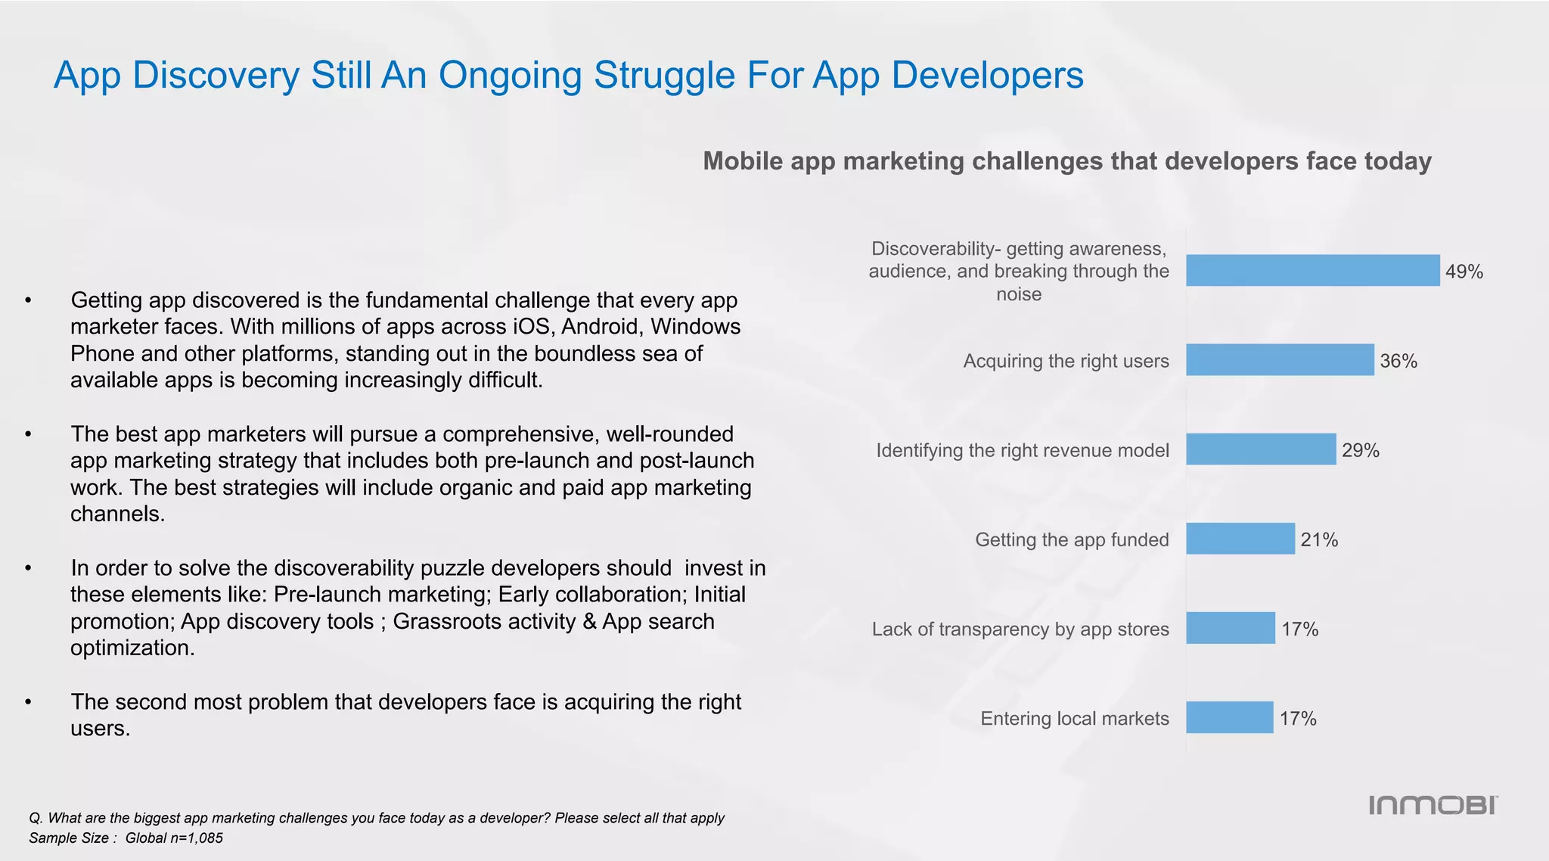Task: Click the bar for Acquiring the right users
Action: point(1279,360)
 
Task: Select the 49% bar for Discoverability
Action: point(1312,271)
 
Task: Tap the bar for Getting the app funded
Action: point(1240,539)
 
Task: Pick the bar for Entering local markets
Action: point(1229,717)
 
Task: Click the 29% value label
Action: point(1360,451)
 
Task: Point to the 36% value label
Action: point(1398,362)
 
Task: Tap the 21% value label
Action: point(1318,540)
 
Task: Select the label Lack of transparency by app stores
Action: point(1020,629)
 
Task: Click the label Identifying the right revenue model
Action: point(1022,450)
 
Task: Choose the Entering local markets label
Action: point(1074,718)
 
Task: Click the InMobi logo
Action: point(1433,805)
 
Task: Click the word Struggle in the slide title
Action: point(663,76)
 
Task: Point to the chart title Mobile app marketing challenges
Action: point(1066,161)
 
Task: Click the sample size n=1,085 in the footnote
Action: point(194,838)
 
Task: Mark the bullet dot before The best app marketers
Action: point(28,435)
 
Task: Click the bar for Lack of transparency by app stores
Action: point(1230,628)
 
